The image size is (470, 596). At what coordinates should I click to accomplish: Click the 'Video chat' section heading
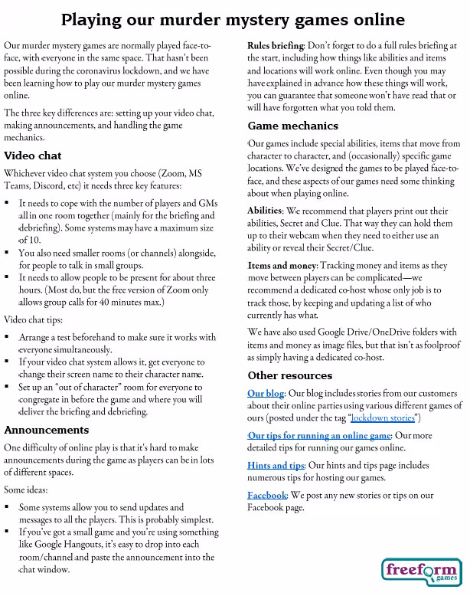(32, 156)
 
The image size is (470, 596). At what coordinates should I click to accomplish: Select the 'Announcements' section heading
(46, 430)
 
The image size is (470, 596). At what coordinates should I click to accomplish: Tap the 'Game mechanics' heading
(292, 125)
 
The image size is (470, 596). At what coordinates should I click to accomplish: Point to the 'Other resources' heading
(289, 375)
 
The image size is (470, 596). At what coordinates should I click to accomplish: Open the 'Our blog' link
(266, 394)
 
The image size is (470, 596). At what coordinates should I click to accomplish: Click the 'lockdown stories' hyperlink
(382, 418)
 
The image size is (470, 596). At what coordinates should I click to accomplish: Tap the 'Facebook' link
(266, 495)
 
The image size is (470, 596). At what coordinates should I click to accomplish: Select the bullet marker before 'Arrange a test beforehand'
(8, 336)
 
